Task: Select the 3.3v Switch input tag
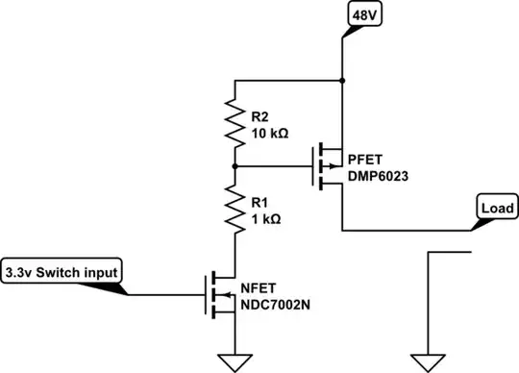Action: pyautogui.click(x=62, y=272)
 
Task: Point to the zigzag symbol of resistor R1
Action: pyautogui.click(x=233, y=210)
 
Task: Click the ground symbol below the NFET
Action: pyautogui.click(x=233, y=361)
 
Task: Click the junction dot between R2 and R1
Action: pyautogui.click(x=233, y=165)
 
